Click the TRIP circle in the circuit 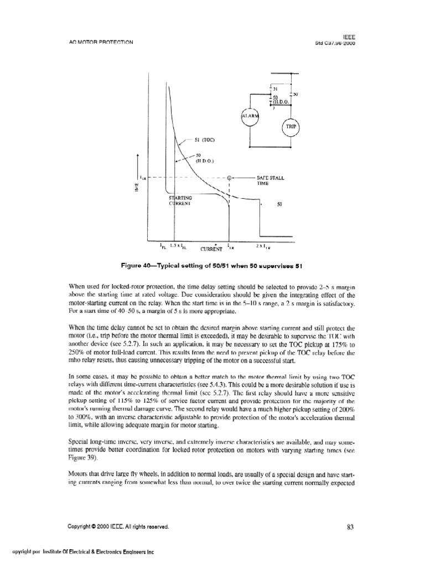[291, 126]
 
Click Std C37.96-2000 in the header [334, 42]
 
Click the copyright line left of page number [118, 527]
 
